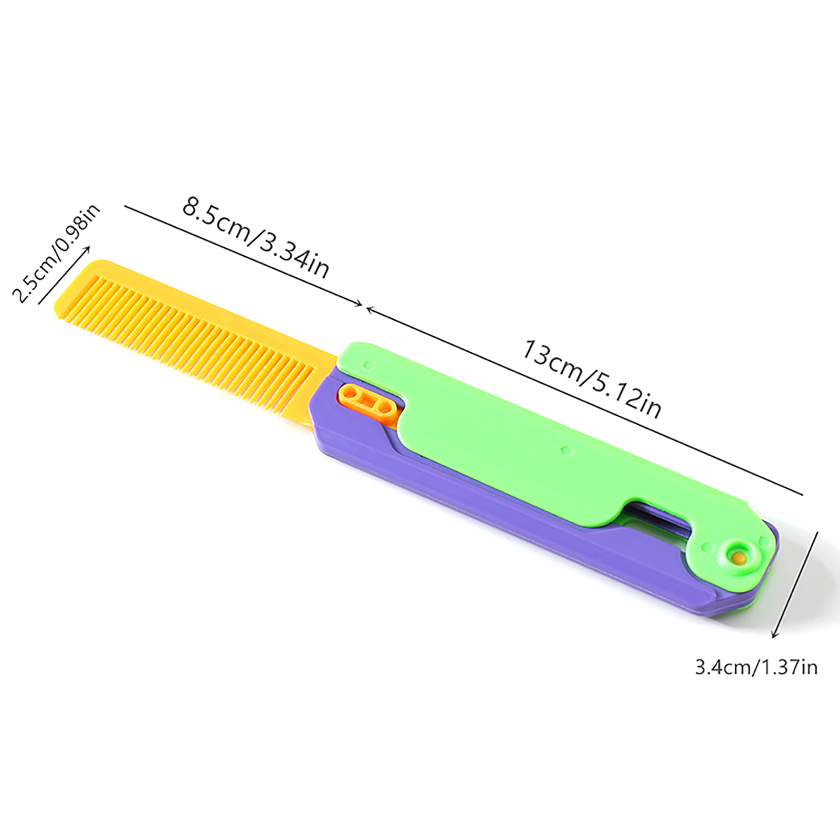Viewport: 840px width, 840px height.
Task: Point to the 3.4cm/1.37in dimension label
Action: click(x=757, y=667)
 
